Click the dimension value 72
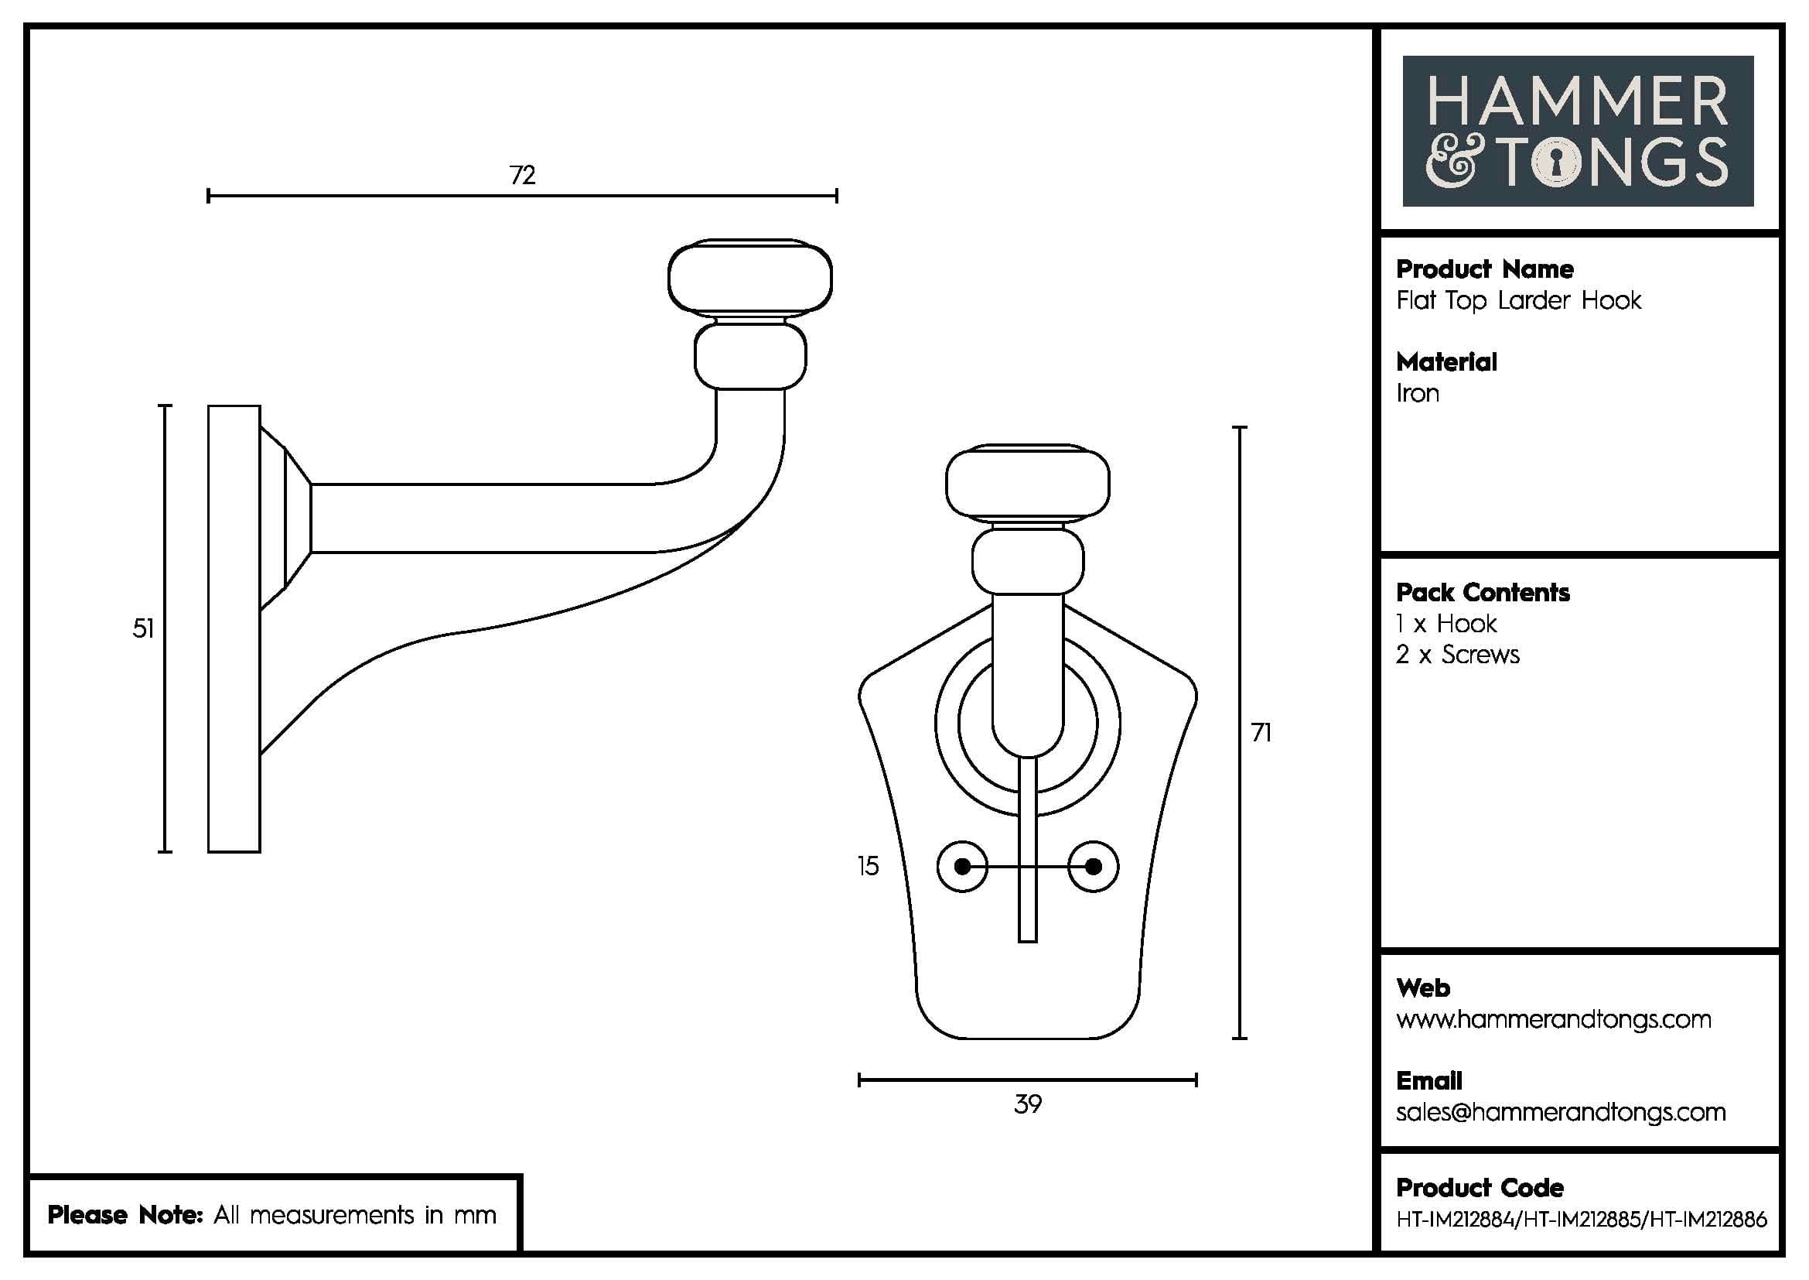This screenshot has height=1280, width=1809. tap(522, 175)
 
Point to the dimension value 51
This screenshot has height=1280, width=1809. tap(143, 628)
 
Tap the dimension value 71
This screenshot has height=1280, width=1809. tap(1261, 733)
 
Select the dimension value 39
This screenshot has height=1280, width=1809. tap(1027, 1104)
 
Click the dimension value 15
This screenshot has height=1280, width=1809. tap(868, 866)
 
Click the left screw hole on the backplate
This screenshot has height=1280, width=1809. tap(962, 866)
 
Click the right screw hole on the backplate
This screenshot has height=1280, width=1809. tap(1093, 866)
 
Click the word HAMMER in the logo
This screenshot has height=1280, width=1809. tap(1577, 101)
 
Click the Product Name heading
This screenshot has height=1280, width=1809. tap(1484, 269)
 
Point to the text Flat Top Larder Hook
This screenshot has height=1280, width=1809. tap(1518, 300)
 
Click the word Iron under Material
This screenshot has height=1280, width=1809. tap(1418, 393)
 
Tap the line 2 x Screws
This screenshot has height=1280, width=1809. tap(1458, 655)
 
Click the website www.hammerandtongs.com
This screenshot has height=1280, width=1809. tap(1553, 1019)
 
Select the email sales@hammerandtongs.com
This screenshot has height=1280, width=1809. tap(1560, 1112)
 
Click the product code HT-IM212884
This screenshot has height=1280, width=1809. tap(1455, 1220)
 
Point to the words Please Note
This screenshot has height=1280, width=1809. tap(126, 1214)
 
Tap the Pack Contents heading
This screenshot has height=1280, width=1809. tap(1482, 593)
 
